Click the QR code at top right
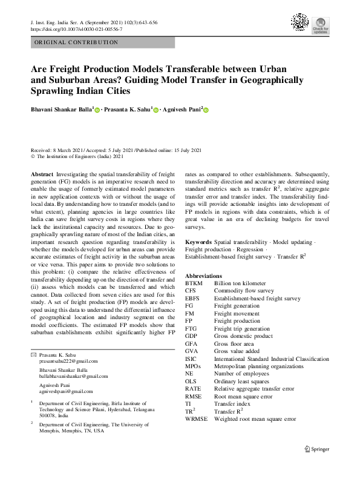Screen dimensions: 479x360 pos(300,22)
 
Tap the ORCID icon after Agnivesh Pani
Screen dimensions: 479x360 pos(206,110)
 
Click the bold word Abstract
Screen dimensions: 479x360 pos(41,173)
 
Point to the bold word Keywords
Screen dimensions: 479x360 pos(198,242)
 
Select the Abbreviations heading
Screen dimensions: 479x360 pos(205,275)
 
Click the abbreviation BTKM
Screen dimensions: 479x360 pos(194,283)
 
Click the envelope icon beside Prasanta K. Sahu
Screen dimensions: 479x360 pos(33,354)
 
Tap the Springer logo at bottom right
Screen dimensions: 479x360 pos(317,449)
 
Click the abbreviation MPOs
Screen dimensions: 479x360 pos(193,366)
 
